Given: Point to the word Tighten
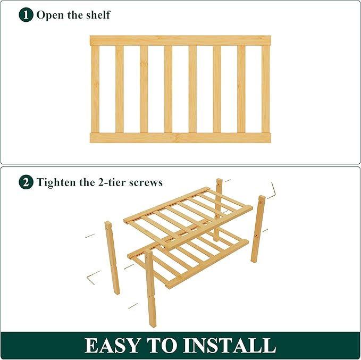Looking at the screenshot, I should (x=56, y=182).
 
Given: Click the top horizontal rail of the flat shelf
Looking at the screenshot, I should (x=180, y=40).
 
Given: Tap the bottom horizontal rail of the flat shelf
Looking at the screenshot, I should (x=180, y=138).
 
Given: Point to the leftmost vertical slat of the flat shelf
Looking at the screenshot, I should (x=95, y=89).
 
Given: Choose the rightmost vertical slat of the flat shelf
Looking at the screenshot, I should (x=265, y=89).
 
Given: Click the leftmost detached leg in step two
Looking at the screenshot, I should (x=113, y=257).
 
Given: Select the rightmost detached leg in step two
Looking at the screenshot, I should (x=258, y=229).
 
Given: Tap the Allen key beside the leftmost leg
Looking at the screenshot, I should (x=93, y=275).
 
